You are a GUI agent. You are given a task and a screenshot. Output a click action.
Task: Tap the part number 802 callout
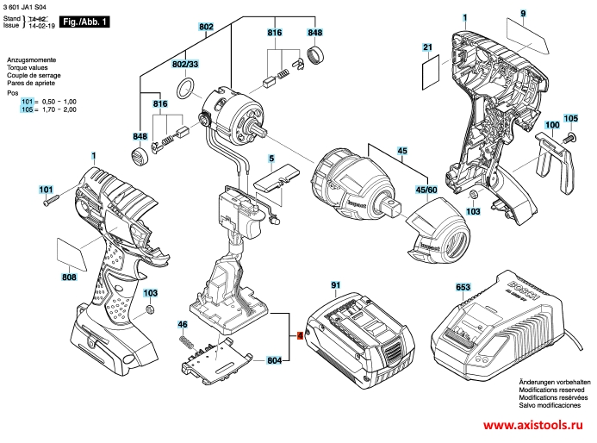point(206,28)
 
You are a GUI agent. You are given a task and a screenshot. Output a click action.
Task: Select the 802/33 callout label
point(185,65)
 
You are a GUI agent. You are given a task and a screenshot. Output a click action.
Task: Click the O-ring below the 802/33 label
point(184,89)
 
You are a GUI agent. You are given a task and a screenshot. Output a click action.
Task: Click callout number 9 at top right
point(522,13)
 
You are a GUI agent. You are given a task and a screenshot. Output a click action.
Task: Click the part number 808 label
point(69,278)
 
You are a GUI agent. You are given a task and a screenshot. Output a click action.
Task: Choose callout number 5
point(271,159)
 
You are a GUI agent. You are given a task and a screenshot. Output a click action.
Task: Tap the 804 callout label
point(274,359)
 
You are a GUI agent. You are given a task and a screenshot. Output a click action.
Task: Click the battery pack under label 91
point(361,332)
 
